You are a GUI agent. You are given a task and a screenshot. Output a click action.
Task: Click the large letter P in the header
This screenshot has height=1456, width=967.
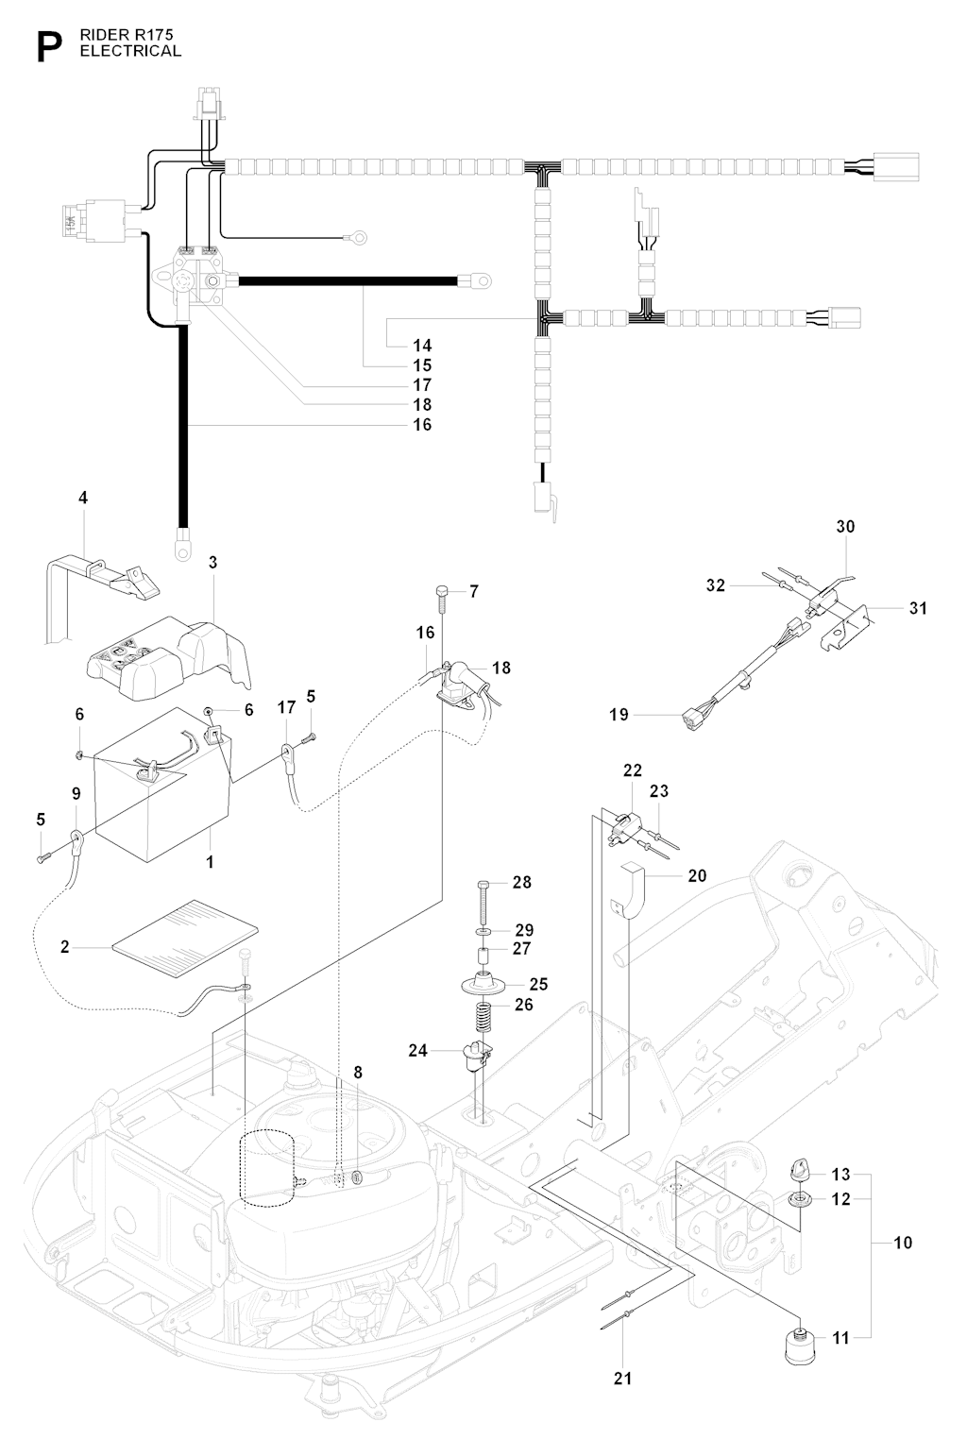(x=49, y=47)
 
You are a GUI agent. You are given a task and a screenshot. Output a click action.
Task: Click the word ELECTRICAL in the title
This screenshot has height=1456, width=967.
(x=130, y=51)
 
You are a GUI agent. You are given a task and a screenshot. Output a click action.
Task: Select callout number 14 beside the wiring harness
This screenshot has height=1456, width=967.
(x=422, y=345)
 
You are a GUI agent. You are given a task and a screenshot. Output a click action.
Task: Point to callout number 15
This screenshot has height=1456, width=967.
(x=422, y=364)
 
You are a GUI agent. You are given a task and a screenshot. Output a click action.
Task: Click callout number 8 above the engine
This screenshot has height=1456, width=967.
(x=358, y=1073)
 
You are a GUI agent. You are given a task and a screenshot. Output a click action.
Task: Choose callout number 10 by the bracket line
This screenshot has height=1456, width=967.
(x=903, y=1243)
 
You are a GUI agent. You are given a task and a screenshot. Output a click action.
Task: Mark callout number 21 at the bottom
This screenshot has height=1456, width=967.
(x=622, y=1379)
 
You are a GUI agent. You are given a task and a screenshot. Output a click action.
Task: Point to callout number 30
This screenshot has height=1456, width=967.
(x=845, y=527)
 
